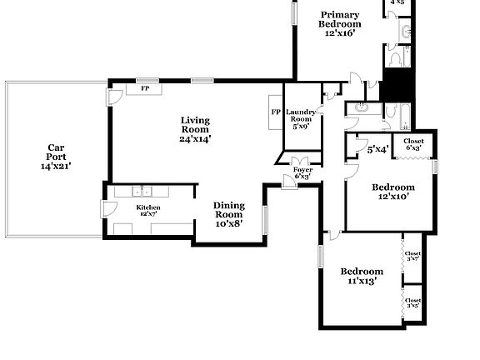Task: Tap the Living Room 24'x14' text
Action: point(195,130)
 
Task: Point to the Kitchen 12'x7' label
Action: point(148,211)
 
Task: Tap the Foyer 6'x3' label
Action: point(302,172)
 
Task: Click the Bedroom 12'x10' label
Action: point(392,192)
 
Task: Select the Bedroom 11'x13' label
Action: point(362,276)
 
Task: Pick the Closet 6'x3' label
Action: point(413,144)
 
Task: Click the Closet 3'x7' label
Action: point(412,256)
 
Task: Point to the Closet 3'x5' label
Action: point(412,302)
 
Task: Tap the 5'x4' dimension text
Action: point(377,150)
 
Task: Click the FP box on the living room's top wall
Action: point(144,88)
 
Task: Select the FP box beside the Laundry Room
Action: point(275,112)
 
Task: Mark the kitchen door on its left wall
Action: point(104,208)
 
